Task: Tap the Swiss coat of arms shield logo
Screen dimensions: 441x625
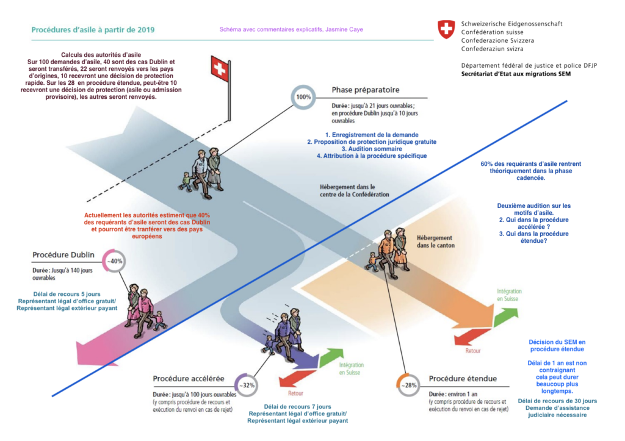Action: (446, 29)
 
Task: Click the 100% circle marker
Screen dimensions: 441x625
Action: (303, 97)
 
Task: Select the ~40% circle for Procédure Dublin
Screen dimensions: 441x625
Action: (115, 261)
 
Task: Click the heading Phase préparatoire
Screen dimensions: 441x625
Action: (365, 90)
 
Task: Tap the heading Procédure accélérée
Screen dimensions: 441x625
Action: (189, 379)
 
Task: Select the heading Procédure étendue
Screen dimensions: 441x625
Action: (463, 379)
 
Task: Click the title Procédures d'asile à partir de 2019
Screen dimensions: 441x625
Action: (93, 29)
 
